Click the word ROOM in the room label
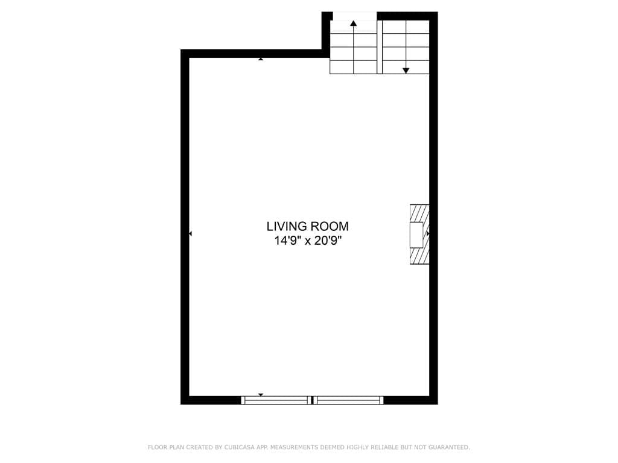tap(329, 227)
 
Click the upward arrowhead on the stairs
tap(354, 24)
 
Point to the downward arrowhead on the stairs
tap(406, 71)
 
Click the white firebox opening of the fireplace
tap(416, 235)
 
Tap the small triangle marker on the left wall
tap(191, 233)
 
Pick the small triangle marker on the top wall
tap(261, 58)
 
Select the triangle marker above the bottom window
tap(261, 395)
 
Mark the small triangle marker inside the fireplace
tap(428, 233)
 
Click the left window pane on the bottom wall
tap(276, 400)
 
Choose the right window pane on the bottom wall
tap(349, 400)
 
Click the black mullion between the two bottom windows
tap(312, 400)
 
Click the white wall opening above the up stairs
tap(355, 16)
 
